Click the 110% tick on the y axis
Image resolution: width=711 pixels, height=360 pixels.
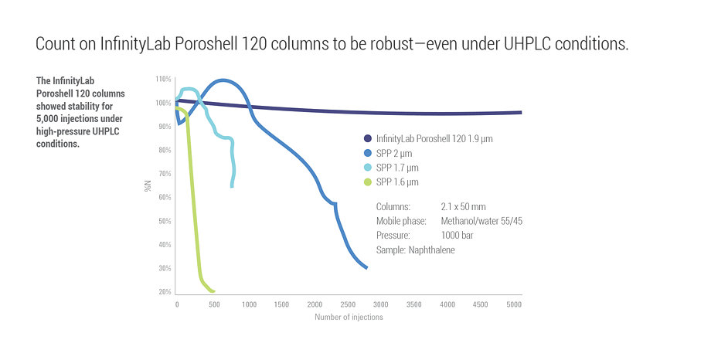(162, 80)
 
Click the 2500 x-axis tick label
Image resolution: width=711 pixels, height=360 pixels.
(349, 304)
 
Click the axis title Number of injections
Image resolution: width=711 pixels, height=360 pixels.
(349, 317)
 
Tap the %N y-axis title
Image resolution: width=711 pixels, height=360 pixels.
(148, 186)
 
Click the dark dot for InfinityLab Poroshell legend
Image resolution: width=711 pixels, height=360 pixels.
(368, 139)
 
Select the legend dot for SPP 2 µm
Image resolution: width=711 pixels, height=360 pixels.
(368, 153)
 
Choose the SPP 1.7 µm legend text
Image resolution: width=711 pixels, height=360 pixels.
(398, 168)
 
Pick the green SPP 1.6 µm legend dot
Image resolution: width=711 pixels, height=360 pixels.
(368, 182)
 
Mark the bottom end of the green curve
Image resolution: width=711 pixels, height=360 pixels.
(213, 291)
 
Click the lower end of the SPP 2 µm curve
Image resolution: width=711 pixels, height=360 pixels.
(366, 268)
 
